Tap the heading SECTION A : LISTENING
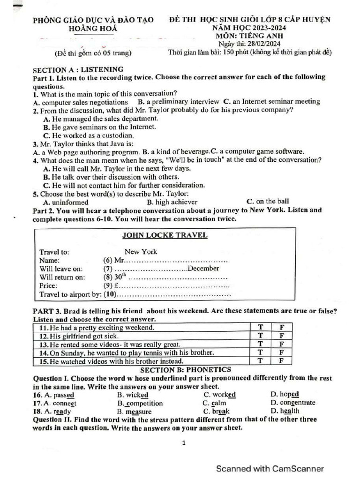[78, 69]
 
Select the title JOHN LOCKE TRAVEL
[165, 235]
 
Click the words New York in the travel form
[141, 252]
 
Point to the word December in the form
[203, 269]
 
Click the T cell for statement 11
[261, 327]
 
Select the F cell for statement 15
[281, 361]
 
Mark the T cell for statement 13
[261, 344]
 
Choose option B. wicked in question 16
[133, 395]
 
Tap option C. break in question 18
[216, 411]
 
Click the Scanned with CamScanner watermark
[270, 469]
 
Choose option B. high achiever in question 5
[172, 202]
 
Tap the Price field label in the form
[48, 285]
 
